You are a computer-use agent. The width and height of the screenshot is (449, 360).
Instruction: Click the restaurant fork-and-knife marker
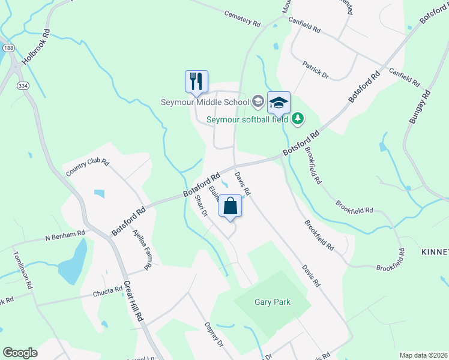(x=196, y=81)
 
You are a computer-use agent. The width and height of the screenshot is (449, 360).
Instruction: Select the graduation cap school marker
(x=279, y=102)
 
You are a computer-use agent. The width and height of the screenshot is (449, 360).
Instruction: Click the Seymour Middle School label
(x=205, y=102)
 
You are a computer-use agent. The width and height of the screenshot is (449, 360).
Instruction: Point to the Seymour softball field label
(x=248, y=119)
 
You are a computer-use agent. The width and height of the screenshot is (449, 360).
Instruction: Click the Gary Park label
(x=272, y=302)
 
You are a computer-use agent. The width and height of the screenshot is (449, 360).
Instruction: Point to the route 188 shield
(x=7, y=47)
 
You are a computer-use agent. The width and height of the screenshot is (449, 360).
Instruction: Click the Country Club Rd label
(x=88, y=167)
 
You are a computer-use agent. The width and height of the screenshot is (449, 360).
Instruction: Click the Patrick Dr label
(x=315, y=69)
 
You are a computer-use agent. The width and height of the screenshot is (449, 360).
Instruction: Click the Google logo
(x=20, y=353)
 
